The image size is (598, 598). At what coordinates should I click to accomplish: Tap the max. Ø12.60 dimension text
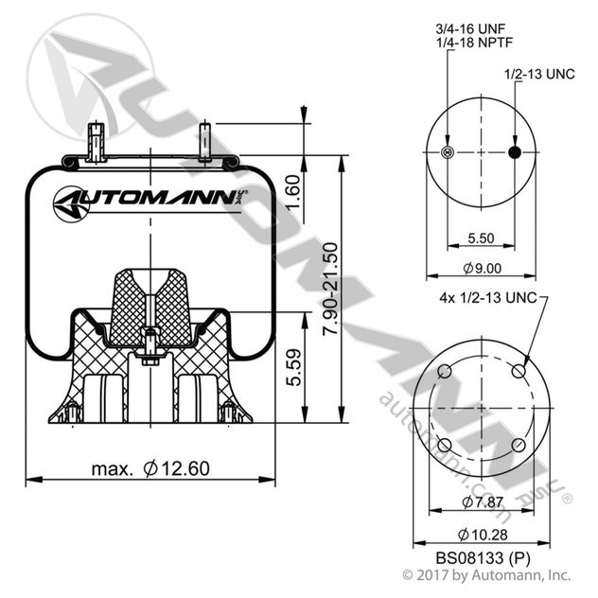click(150, 467)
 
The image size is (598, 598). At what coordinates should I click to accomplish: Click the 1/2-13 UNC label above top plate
click(537, 74)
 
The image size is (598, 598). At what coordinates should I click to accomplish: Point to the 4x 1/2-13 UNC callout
click(487, 298)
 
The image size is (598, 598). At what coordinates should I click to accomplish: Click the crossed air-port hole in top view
click(448, 154)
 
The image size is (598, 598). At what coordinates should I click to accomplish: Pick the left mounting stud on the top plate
click(94, 142)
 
